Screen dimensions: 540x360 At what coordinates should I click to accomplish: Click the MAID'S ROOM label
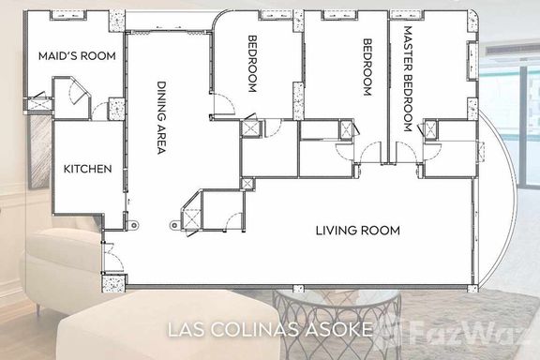coord(77,56)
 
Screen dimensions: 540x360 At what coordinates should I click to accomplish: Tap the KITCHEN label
coord(88,169)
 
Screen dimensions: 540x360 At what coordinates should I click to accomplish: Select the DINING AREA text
coord(161,118)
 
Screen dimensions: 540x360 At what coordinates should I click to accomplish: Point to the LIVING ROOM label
coord(358,231)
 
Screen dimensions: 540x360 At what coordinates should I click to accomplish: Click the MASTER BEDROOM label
coord(408,79)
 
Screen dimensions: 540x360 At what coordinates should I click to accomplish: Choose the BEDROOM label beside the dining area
coord(252,64)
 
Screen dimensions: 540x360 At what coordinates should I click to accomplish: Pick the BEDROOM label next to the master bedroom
coord(367,67)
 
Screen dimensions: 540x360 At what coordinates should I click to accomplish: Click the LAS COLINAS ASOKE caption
coord(271,329)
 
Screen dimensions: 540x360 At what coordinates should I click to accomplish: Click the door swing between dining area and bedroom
coord(224,104)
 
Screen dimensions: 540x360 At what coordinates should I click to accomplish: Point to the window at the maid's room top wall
coord(68,15)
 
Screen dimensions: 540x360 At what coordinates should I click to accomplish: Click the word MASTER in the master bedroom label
coord(408,48)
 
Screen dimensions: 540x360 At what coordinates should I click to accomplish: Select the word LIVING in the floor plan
coord(335,231)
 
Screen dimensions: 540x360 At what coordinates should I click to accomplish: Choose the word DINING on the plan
coord(161,98)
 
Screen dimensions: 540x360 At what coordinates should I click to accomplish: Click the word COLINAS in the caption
coord(254,329)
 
